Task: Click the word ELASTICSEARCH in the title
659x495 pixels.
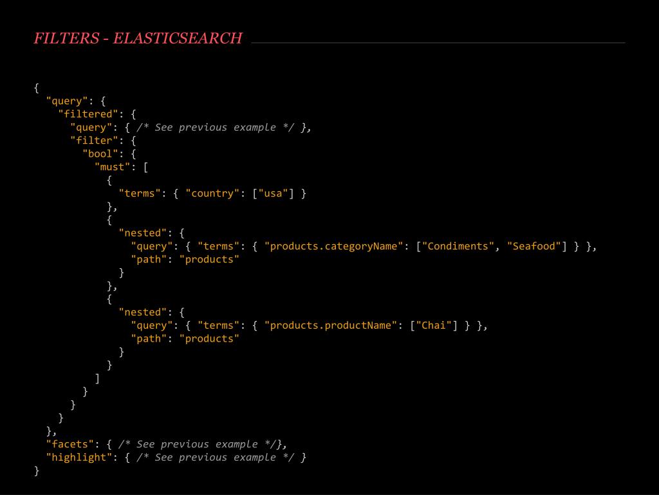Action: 178,39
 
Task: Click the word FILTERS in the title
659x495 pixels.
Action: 66,39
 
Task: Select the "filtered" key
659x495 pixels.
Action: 88,114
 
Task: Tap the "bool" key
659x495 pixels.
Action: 100,153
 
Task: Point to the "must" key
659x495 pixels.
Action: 113,167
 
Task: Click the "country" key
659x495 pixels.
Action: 212,193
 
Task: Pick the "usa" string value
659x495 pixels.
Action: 273,193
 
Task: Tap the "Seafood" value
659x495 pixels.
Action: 534,246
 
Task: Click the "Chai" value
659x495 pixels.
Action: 433,325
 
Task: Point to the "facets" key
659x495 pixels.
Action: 70,444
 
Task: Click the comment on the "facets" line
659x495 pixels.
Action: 197,444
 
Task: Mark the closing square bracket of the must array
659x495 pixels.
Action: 97,378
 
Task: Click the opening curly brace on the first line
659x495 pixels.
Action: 37,88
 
